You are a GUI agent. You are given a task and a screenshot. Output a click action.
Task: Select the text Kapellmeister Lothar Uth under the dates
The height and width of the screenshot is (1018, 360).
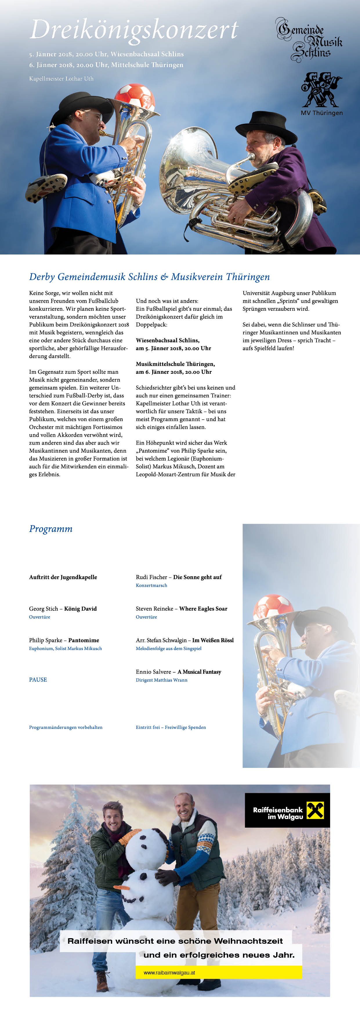(61, 79)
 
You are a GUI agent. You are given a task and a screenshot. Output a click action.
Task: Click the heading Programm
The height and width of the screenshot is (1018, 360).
(50, 529)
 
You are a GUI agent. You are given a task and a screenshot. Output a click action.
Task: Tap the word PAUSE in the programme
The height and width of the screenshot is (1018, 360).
(38, 680)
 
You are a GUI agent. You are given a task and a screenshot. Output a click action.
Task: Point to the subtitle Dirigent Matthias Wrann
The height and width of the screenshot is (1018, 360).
(162, 680)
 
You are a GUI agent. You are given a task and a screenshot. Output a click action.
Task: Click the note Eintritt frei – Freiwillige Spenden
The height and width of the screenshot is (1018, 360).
(171, 727)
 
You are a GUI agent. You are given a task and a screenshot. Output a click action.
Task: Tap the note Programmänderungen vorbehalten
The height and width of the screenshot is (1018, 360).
(66, 727)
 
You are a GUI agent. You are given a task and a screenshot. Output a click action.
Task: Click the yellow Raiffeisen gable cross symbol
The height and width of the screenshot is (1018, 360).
(315, 810)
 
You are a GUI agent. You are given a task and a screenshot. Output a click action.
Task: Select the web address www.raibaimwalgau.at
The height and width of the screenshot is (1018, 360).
(169, 972)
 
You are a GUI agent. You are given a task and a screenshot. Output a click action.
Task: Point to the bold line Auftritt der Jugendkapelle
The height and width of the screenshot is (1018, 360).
(63, 577)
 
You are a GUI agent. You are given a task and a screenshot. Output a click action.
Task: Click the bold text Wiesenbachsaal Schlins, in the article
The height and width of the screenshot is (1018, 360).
(168, 340)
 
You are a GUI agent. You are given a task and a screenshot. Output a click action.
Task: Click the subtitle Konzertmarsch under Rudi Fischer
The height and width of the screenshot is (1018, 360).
(151, 585)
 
